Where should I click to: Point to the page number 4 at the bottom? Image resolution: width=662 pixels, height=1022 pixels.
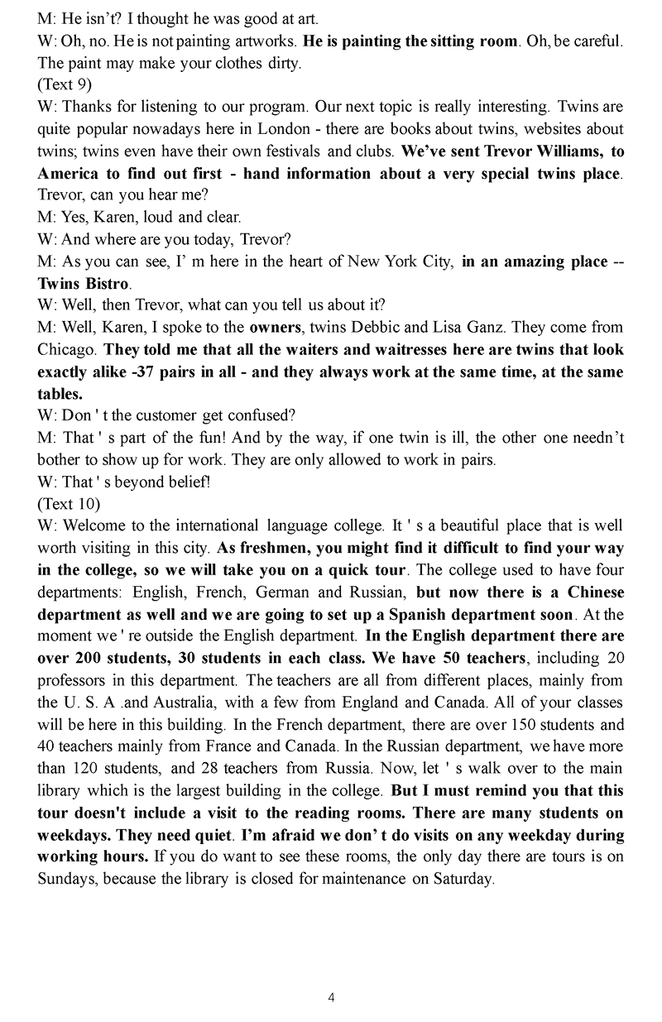pyautogui.click(x=331, y=997)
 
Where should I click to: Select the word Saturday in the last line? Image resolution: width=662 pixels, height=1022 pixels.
pyautogui.click(x=463, y=878)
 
